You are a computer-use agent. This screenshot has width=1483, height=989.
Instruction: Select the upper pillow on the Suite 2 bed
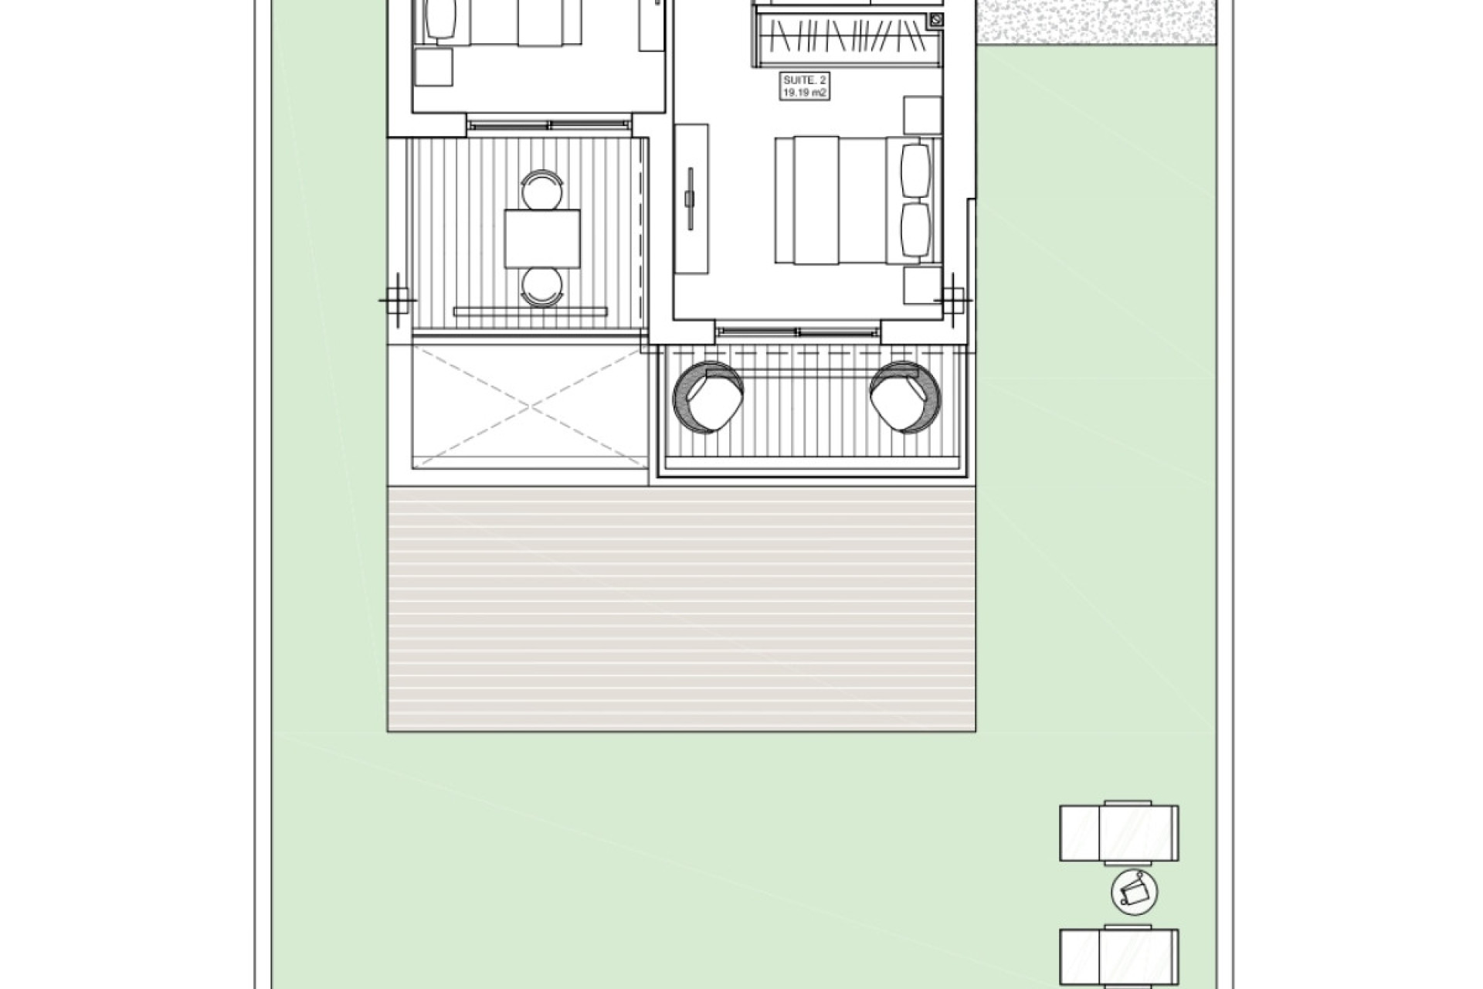[x=916, y=169]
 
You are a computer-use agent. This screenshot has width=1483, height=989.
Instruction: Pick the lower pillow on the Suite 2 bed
[x=916, y=229]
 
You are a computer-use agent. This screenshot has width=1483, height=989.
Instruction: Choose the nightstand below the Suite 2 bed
[x=922, y=285]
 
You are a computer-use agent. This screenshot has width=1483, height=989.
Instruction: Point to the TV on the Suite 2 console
[x=690, y=199]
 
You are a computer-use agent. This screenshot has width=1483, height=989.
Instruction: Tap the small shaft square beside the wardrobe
[x=937, y=19]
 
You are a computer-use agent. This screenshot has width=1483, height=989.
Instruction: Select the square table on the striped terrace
[x=542, y=238]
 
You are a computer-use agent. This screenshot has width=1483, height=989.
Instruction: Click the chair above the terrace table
[x=541, y=190]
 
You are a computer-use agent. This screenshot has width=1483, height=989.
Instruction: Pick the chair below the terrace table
[x=541, y=287]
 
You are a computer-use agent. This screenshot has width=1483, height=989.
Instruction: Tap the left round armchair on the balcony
[x=708, y=396]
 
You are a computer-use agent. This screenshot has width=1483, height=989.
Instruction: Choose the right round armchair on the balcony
[x=905, y=396]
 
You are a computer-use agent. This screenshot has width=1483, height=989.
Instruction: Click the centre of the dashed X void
[x=531, y=406]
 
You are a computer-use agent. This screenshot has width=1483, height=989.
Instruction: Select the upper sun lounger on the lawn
[x=1119, y=834]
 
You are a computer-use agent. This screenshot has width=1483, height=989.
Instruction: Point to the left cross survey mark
[x=397, y=299]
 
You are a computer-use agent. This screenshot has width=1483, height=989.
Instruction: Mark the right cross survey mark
[x=955, y=299]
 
